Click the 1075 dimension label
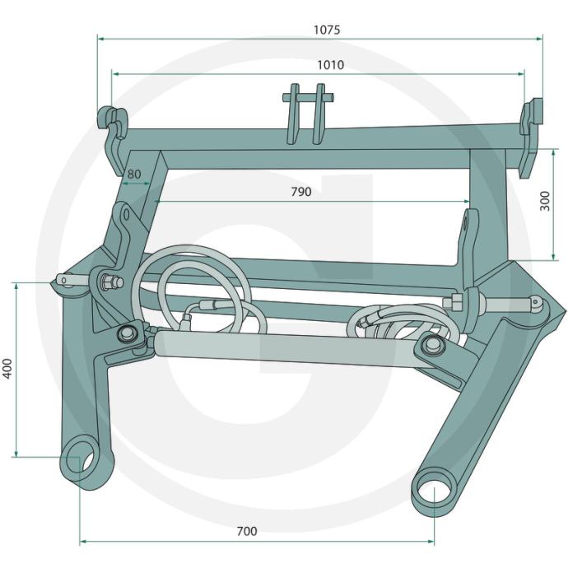[x=327, y=30]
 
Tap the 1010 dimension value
[x=330, y=65]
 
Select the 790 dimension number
[x=301, y=191]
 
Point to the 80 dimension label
[x=133, y=174]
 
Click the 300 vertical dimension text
[x=545, y=201]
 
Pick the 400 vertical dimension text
[x=7, y=369]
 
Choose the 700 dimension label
[x=247, y=531]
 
